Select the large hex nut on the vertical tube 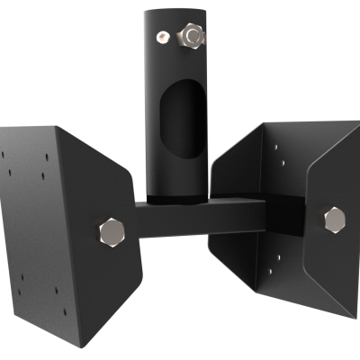192,35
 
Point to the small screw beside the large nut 162,36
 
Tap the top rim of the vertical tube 176,7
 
